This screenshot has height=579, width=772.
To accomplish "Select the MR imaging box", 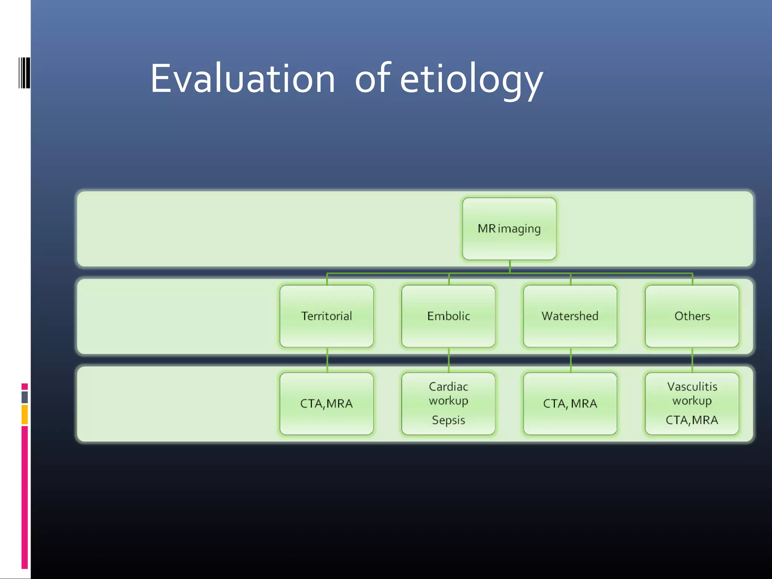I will [x=509, y=229].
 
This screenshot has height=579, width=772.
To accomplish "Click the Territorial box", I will [x=326, y=316].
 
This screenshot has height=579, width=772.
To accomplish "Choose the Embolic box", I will [x=448, y=316].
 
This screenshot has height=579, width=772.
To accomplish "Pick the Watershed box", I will [x=570, y=316].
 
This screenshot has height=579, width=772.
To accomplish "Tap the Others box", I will [x=692, y=316].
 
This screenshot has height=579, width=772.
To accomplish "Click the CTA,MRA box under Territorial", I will [x=326, y=404].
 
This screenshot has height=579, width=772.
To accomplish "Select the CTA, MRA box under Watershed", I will [x=570, y=404].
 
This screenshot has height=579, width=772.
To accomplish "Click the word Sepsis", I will [x=448, y=420].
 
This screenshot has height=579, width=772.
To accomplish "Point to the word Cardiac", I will [x=448, y=387].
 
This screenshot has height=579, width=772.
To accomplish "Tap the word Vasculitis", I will [x=692, y=387].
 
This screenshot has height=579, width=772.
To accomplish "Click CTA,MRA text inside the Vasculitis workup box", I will [x=692, y=420].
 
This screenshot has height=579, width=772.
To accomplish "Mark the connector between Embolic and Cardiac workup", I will [x=449, y=360].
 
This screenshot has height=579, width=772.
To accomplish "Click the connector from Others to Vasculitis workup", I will [x=692, y=360].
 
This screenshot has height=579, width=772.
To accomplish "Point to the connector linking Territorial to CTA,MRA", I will [x=327, y=360].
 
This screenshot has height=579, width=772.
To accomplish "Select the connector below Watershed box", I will [x=571, y=360].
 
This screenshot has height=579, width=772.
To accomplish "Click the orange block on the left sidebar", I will [x=25, y=415].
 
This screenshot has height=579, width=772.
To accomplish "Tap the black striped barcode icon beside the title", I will [x=24, y=73].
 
